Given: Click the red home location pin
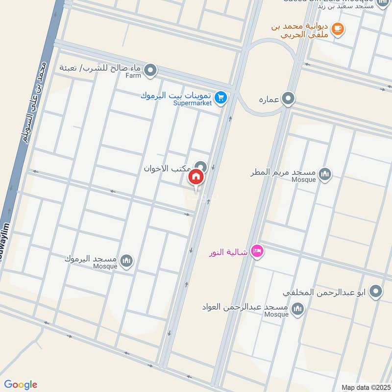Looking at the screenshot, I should point(196,177).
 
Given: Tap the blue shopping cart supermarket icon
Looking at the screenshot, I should point(221,98).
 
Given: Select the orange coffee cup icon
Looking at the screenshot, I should point(337,29).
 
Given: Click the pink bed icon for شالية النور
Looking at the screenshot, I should point(257,252).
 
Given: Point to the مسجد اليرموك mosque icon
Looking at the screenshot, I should point(126,259).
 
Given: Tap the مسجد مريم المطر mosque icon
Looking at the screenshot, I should point(325,173).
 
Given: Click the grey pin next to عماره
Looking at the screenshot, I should point(289,99).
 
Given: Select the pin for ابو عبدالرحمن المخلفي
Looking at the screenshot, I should point(376,292).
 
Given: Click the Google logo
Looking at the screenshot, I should point(21,385).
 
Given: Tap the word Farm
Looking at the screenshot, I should point(133,75).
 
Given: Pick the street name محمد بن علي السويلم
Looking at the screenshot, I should point(34,103).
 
